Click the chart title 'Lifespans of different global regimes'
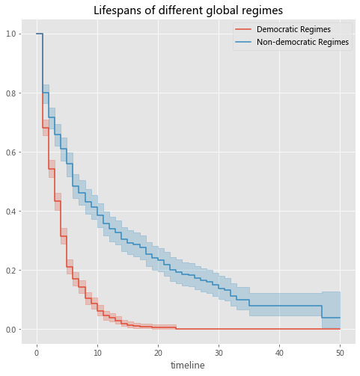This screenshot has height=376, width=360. [x=188, y=10]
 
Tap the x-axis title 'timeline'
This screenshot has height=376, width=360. [x=188, y=365]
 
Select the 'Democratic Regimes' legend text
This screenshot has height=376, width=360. [x=293, y=29]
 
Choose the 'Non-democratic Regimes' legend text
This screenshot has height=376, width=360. [x=302, y=42]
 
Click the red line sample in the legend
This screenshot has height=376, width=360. [x=243, y=29]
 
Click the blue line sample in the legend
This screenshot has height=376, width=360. [x=243, y=42]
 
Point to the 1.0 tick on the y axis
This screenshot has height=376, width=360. [x=11, y=34]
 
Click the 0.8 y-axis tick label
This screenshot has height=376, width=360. [x=11, y=93]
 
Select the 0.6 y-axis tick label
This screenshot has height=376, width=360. [x=11, y=152]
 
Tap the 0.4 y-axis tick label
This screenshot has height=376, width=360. [x=11, y=212]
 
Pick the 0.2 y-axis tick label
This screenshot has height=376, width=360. [x=11, y=271]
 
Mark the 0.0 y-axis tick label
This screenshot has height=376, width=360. [x=11, y=330]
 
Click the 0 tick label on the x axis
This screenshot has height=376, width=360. [x=37, y=353]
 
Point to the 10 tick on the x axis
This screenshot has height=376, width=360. [x=97, y=353]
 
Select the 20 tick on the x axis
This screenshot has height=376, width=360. [x=158, y=353]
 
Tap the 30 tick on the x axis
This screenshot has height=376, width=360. [x=219, y=353]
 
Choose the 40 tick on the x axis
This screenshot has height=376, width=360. [x=279, y=353]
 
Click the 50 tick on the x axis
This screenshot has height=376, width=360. [x=340, y=353]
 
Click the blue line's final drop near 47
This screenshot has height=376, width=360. [x=322, y=312]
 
